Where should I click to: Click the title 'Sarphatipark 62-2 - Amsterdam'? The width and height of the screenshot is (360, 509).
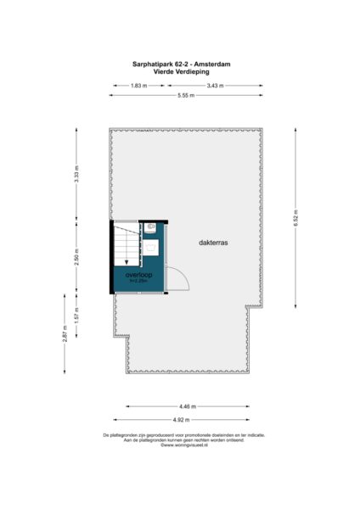point(180,64)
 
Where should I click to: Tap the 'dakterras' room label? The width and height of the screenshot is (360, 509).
point(214,242)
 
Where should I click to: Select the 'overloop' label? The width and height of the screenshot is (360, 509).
point(138,275)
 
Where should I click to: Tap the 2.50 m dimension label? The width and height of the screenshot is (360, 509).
point(76,256)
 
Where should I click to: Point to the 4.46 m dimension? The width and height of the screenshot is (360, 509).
point(187,407)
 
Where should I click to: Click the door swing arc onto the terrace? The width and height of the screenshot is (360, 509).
point(176,277)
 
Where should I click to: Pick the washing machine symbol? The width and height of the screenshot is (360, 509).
point(150,248)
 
